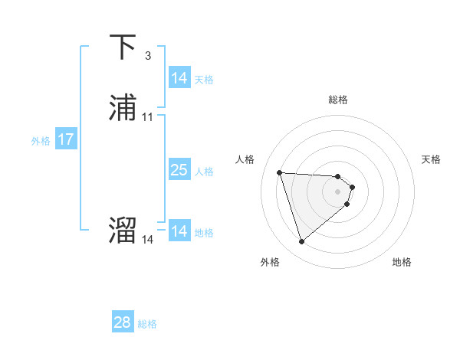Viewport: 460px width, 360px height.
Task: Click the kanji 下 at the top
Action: (123, 47)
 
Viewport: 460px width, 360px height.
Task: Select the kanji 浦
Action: (123, 109)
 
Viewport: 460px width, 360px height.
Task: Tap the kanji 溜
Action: (123, 231)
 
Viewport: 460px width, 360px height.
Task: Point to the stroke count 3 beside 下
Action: (147, 56)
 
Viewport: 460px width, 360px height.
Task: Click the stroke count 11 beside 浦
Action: (148, 117)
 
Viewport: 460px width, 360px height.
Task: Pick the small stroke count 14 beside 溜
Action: (148, 240)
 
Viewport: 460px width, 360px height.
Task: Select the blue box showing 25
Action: (179, 170)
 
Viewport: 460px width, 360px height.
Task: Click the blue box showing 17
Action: (65, 140)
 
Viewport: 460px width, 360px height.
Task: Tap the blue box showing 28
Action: (123, 322)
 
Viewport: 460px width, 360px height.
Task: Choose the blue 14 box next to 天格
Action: (179, 78)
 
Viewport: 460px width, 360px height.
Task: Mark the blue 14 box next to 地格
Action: (179, 231)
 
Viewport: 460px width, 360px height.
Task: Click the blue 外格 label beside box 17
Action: (41, 141)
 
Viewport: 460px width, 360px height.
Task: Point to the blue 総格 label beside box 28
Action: (147, 324)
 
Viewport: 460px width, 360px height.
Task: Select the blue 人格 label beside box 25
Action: (204, 172)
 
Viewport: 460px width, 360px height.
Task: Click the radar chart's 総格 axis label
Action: (338, 100)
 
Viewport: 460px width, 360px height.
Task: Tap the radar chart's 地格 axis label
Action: (402, 263)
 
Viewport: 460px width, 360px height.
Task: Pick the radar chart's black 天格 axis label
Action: (431, 159)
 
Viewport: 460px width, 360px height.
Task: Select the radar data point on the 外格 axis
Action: (302, 242)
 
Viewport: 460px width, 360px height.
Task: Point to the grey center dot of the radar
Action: (338, 191)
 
